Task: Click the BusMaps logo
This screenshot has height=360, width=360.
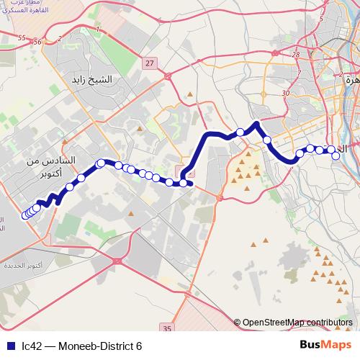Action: pos(323,345)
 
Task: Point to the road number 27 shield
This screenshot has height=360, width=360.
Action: pos(149,64)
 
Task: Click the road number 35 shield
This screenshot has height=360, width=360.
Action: pos(167,328)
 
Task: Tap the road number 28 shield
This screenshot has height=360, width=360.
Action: pos(295,54)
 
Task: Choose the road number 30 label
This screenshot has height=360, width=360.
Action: pos(286,94)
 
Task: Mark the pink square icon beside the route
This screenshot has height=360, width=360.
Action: pos(179,168)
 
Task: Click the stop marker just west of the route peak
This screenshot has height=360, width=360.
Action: pos(240,132)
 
